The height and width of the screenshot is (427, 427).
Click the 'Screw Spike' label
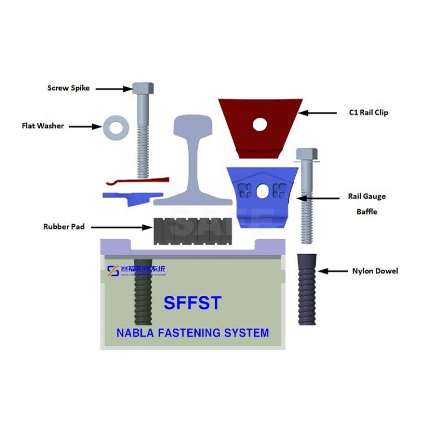[68, 88]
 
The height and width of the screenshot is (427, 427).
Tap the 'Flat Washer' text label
[43, 126]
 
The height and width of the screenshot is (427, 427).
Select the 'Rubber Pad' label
[64, 227]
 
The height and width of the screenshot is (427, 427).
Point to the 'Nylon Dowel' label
[375, 271]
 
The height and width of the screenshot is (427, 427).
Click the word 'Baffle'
[366, 212]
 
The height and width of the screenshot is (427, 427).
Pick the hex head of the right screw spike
[306, 153]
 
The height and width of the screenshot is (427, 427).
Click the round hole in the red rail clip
[260, 125]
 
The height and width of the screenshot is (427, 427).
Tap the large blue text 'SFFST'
[192, 303]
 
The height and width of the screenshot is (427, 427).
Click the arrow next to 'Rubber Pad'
[119, 227]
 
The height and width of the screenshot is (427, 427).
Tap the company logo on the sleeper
[113, 270]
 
